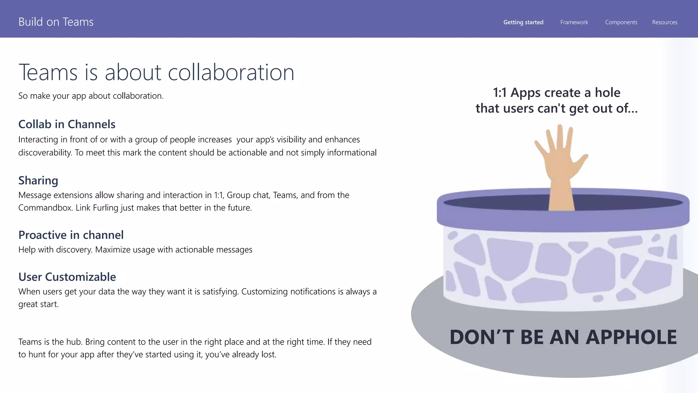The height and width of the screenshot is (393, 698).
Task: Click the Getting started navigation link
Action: click(x=523, y=22)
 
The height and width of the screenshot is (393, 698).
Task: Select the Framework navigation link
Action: click(x=574, y=22)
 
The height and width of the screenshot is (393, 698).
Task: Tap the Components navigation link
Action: click(x=621, y=22)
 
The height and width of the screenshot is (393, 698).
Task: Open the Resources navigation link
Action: click(x=665, y=22)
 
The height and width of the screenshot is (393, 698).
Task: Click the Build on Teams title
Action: click(x=56, y=22)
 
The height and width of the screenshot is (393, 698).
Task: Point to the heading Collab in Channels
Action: click(x=67, y=124)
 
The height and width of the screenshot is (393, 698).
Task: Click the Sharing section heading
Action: click(x=38, y=180)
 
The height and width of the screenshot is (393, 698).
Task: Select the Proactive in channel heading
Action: click(x=71, y=235)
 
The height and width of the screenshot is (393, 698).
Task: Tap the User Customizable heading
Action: click(x=67, y=277)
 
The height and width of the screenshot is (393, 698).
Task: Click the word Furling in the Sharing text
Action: click(x=105, y=208)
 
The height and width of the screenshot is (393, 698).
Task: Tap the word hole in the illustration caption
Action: click(x=607, y=92)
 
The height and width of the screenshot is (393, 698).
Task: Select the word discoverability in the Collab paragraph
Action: click(x=45, y=152)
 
